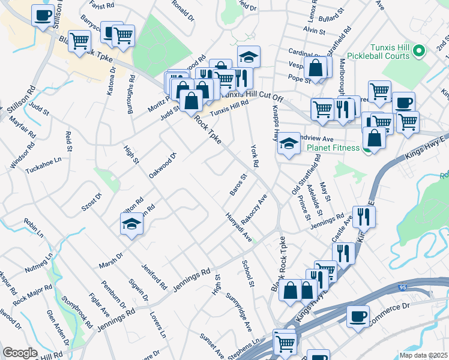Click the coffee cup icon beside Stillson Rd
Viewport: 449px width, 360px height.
point(43,16)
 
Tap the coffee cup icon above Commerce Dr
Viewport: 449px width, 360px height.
point(358,316)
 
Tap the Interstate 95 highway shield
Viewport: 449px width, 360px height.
point(402,289)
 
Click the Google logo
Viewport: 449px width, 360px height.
point(20,353)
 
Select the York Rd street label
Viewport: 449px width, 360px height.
point(255,155)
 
